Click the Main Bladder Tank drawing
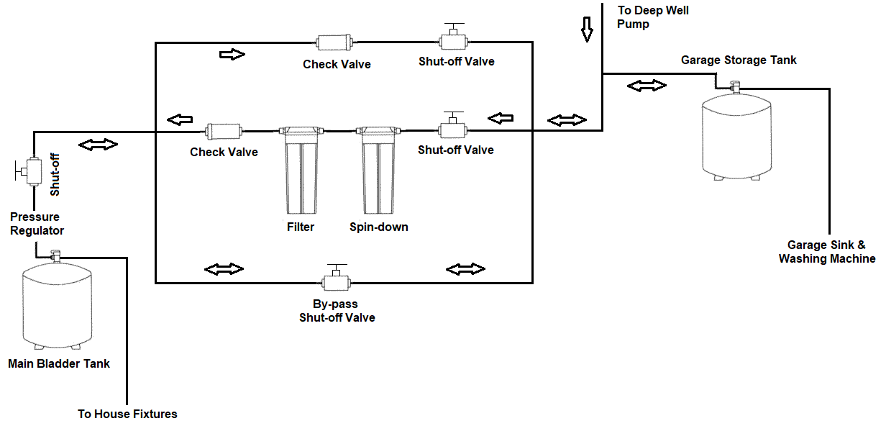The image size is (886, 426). tap(58, 307)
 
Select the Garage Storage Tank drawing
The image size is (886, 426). tap(736, 137)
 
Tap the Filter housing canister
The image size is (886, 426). tap(301, 171)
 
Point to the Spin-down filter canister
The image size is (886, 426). tap(378, 171)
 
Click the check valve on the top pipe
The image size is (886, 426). tap(334, 42)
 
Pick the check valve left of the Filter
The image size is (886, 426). tap(224, 131)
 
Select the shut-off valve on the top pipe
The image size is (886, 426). tap(453, 37)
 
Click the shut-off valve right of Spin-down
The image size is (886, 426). tap(453, 125)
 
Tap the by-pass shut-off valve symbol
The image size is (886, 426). tap(337, 278)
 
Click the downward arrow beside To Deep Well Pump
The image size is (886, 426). tap(587, 30)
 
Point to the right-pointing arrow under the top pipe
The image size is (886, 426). tap(232, 54)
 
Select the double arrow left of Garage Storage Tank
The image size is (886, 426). tap(647, 86)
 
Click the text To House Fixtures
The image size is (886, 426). tap(127, 414)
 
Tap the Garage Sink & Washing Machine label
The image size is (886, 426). tap(827, 251)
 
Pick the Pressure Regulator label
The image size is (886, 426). tap(37, 224)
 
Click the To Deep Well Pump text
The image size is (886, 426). tap(653, 17)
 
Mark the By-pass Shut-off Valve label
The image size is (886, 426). tap(337, 311)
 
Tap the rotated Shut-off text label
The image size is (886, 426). tap(55, 175)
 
